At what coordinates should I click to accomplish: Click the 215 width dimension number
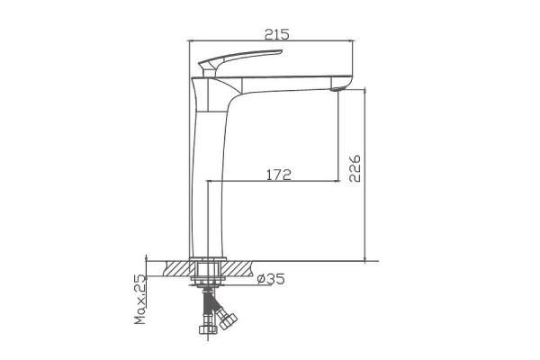[277, 34]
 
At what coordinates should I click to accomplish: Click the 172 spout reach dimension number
[279, 175]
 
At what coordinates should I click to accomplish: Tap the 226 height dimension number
[355, 168]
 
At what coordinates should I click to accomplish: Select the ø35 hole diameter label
[271, 279]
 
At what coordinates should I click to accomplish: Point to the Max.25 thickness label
[140, 299]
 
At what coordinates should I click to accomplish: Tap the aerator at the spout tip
[336, 90]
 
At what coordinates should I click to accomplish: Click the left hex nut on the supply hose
[209, 329]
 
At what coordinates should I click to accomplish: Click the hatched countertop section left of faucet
[177, 268]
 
